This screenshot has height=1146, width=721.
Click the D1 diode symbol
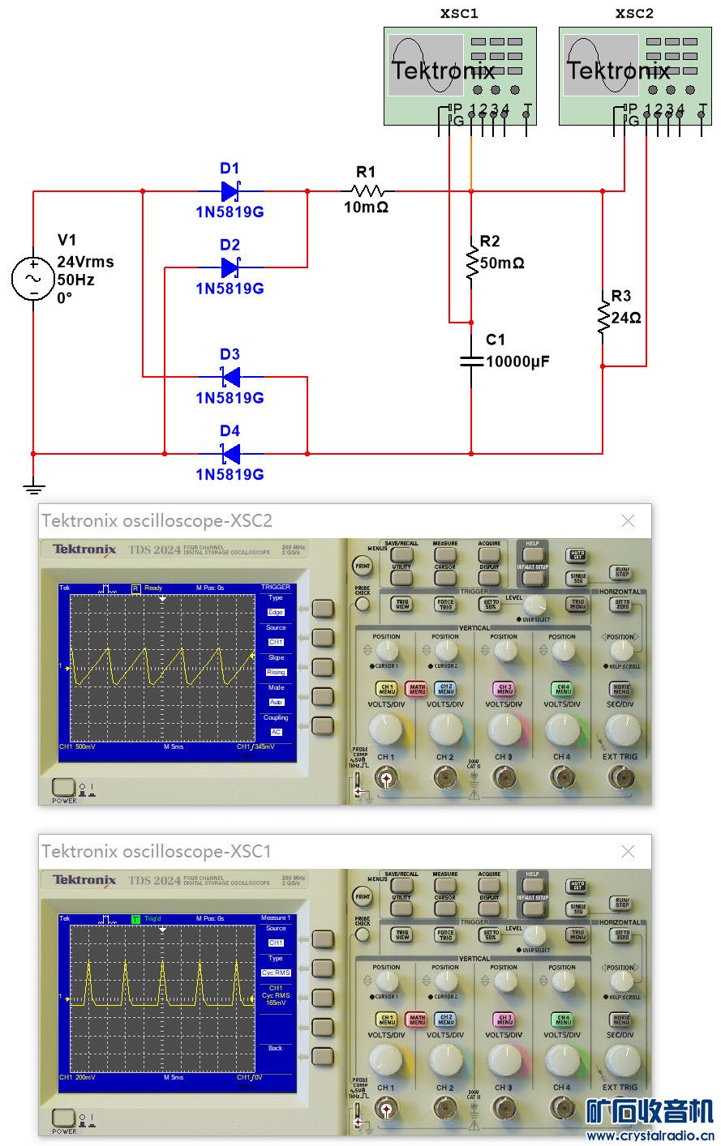click(x=230, y=192)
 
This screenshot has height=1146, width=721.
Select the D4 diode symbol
click(x=230, y=454)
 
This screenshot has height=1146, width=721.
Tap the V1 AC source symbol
click(x=33, y=278)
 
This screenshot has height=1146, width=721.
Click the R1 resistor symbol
click(x=367, y=192)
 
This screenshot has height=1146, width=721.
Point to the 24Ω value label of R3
click(x=626, y=319)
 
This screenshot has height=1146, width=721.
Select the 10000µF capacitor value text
click(x=517, y=361)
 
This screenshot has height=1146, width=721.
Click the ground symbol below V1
click(x=33, y=489)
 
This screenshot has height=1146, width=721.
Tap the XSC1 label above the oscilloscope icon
click(x=459, y=14)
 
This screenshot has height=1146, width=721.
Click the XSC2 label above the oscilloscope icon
click(x=634, y=14)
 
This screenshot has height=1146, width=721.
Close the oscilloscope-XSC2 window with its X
click(x=628, y=521)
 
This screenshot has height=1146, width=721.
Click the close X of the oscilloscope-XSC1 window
click(x=628, y=852)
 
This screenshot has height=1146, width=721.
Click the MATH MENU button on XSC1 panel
click(x=417, y=1020)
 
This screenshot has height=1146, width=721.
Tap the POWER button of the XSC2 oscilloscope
click(x=63, y=786)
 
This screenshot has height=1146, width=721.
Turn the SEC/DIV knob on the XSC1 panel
click(x=620, y=1060)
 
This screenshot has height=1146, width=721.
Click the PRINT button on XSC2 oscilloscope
click(x=363, y=566)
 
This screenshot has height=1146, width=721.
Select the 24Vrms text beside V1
click(x=85, y=263)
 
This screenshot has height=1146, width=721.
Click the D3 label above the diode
click(x=230, y=354)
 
